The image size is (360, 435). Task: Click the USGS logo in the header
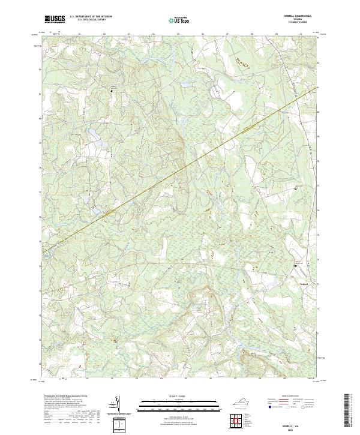click(x=55, y=19)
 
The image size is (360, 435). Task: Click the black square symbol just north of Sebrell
click(x=295, y=266)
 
